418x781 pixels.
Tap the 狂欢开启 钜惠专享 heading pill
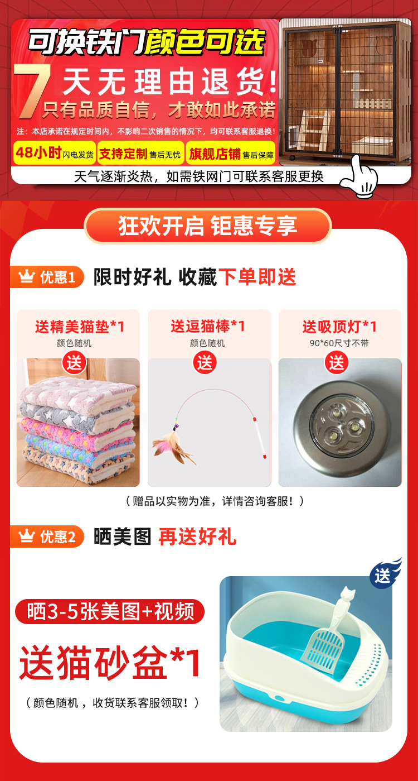208,226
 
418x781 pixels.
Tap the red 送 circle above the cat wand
205,363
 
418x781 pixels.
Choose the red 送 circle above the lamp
337,363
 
